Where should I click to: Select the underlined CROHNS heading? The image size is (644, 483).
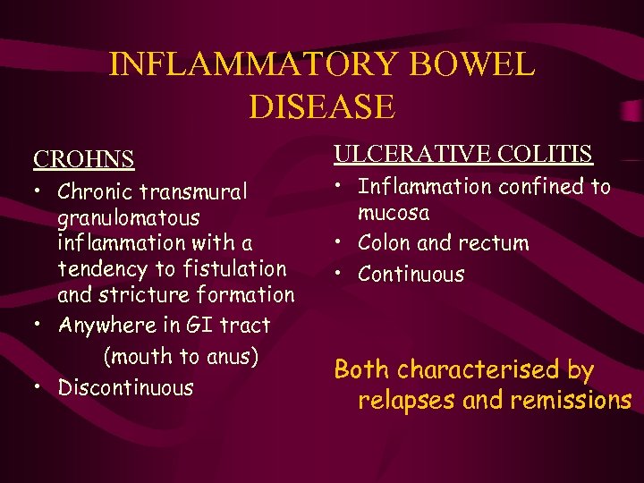(84, 159)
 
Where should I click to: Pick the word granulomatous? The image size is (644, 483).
(129, 217)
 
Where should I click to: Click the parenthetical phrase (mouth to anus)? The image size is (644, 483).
(181, 356)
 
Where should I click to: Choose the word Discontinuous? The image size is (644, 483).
(125, 387)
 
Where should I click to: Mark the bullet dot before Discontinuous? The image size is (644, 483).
(38, 387)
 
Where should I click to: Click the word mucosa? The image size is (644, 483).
(394, 213)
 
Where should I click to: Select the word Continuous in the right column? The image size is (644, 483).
(411, 274)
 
